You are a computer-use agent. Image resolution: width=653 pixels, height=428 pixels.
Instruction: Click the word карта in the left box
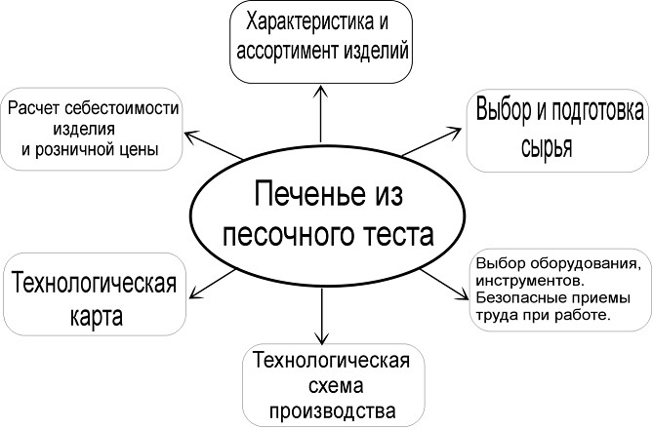coord(95,317)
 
